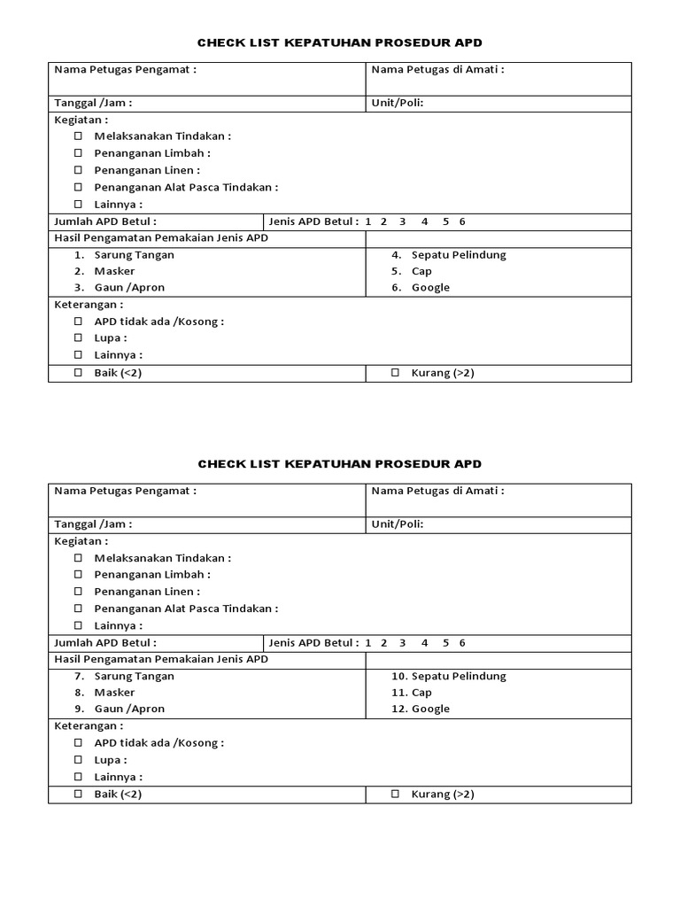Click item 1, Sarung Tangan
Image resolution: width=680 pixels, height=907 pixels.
[x=134, y=255]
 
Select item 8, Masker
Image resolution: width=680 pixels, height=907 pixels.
[x=114, y=693]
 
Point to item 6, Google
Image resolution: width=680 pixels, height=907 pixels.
[x=430, y=288]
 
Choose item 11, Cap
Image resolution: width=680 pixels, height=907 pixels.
[x=421, y=693]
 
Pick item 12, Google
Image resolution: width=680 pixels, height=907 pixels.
[x=430, y=709]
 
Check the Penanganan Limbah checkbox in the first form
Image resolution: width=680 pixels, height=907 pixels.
[x=78, y=153]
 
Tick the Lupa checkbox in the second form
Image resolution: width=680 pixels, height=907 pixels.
[x=78, y=760]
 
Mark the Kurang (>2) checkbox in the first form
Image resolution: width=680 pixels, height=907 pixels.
[x=395, y=373]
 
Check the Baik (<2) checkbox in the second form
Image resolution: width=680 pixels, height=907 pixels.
[x=78, y=795]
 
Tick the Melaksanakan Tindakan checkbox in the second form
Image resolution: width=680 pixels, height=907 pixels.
[x=78, y=558]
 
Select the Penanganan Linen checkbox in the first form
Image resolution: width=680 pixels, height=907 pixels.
[x=78, y=170]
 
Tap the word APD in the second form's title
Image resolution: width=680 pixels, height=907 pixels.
[x=468, y=464]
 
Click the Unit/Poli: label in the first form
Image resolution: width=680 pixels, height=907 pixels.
[x=398, y=103]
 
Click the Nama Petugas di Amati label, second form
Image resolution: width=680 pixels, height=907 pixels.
[x=437, y=491]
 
